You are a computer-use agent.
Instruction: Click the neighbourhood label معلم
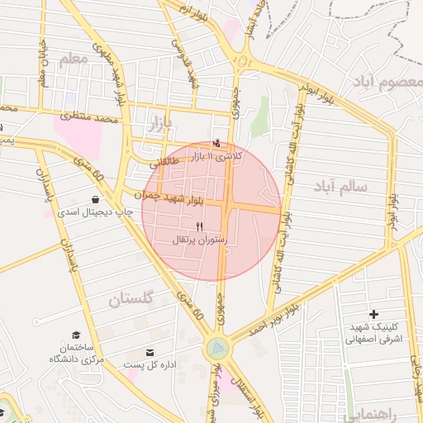[x=73, y=59]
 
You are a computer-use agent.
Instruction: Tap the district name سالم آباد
[x=340, y=188]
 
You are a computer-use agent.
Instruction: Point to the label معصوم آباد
[x=385, y=82]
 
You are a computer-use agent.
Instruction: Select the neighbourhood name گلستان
[x=131, y=299]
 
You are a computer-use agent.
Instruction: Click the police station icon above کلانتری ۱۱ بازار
[x=217, y=144]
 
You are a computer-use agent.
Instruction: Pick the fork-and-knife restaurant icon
[x=199, y=227]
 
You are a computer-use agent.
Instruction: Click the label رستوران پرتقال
[x=199, y=240]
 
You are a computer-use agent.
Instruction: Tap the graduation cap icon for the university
[x=76, y=335]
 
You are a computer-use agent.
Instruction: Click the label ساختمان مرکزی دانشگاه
[x=76, y=353]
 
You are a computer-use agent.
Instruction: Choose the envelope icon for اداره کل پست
[x=150, y=353]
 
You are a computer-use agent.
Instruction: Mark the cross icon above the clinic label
[x=374, y=314]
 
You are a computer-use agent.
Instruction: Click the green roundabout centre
[x=216, y=349]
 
